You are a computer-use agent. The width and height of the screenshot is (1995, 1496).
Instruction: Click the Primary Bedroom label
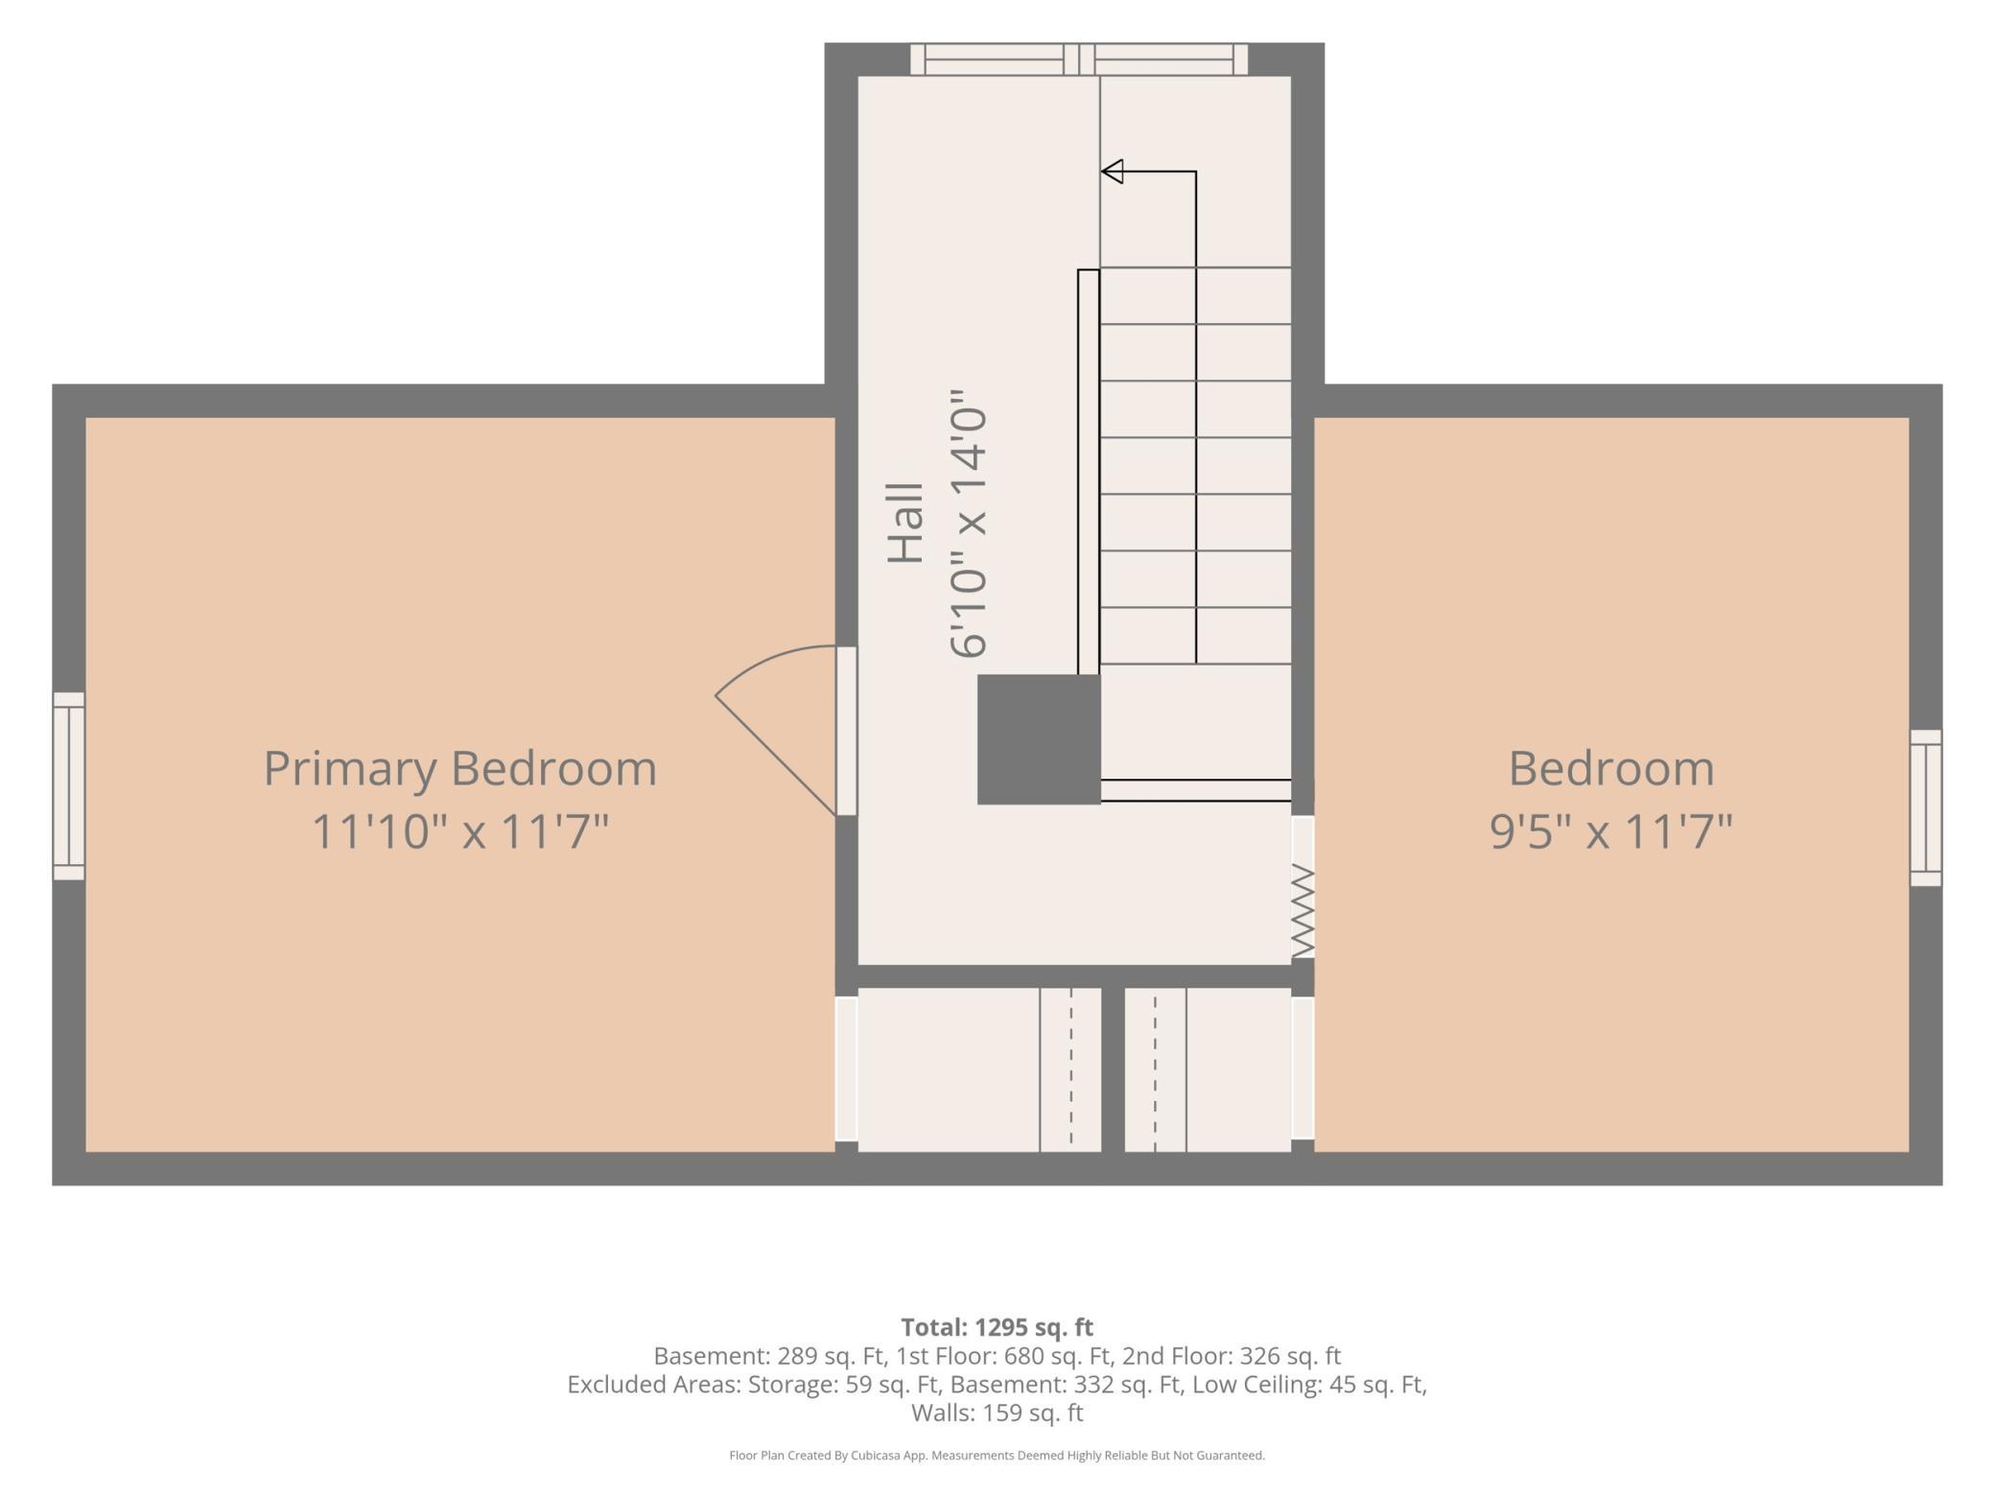(460, 770)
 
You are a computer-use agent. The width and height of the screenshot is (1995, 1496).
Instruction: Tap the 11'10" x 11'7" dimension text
(460, 831)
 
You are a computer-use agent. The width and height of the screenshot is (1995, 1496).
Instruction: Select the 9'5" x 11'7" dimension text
(1611, 831)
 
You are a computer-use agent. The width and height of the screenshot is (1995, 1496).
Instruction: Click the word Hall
(905, 523)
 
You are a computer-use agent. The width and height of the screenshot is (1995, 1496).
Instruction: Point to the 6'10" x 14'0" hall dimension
(968, 524)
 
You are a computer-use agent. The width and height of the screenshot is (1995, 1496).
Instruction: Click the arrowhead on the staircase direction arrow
(1112, 172)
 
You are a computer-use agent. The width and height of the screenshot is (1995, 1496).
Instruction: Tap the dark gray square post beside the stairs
(1039, 739)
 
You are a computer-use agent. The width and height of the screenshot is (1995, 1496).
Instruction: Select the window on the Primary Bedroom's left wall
(68, 786)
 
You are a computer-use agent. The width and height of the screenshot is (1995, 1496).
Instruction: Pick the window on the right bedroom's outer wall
(1926, 807)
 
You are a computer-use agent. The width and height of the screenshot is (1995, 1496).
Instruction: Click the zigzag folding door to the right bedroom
(1303, 910)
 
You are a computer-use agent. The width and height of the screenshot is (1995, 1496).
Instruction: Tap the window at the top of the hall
(1079, 59)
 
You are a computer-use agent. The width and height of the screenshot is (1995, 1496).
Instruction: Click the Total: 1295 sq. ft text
(997, 1327)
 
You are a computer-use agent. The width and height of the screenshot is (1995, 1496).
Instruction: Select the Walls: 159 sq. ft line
(997, 1413)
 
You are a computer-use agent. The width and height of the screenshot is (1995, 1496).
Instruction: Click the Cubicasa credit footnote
(997, 1456)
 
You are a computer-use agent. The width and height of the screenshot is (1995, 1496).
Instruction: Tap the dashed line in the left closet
(1071, 1069)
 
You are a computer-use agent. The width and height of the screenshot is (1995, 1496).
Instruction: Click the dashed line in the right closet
(1155, 1069)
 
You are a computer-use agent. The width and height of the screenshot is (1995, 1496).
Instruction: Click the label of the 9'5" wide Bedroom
(1611, 769)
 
